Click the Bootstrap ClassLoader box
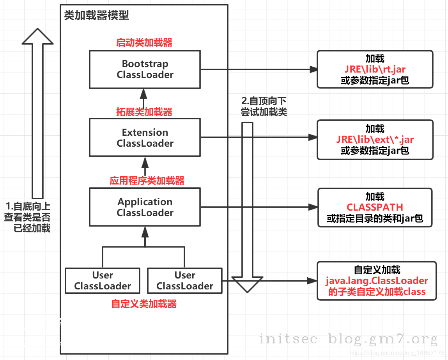point(145,69)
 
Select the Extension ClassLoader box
point(145,138)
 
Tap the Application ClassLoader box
point(145,207)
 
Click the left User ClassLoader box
point(103,281)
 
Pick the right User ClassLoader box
point(185,281)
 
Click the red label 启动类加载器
point(144,43)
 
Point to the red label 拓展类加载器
point(144,112)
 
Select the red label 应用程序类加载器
point(147,181)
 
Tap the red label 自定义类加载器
point(144,304)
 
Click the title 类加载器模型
point(96,16)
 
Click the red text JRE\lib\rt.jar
point(375,69)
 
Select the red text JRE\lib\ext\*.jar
point(375,140)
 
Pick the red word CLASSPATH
point(375,207)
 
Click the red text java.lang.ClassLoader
point(377,281)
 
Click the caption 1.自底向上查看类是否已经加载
point(27,217)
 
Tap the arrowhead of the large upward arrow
point(37,36)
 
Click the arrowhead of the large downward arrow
point(248,284)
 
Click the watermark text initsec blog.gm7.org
point(348,339)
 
